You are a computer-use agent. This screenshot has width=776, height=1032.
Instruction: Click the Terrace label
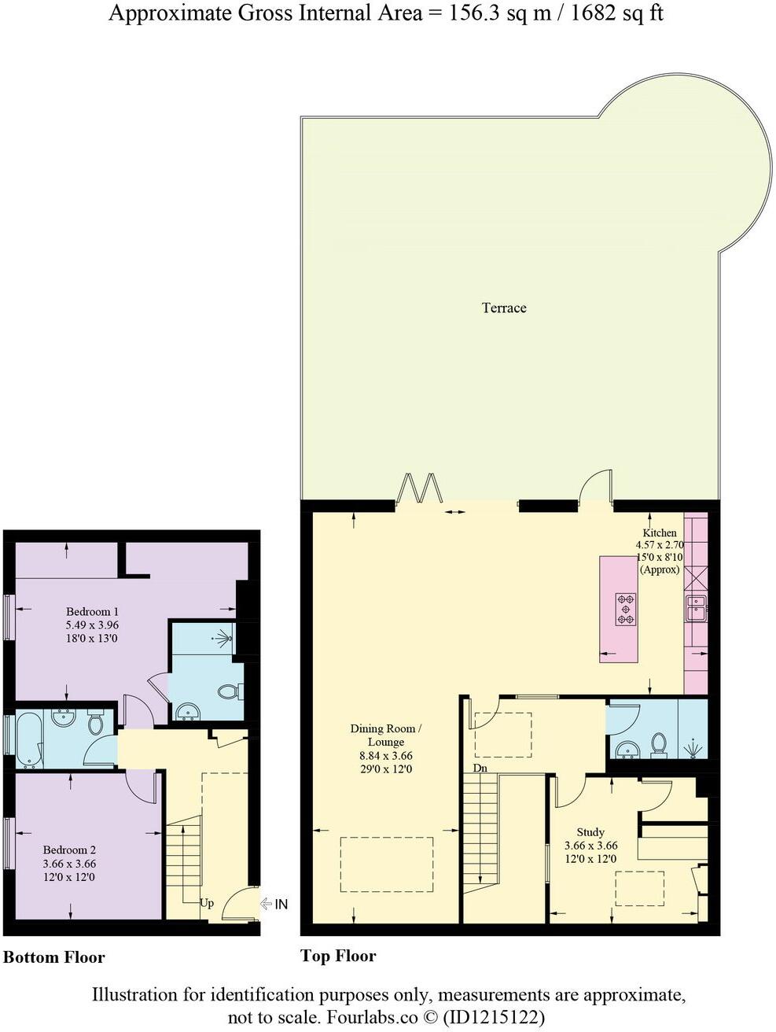(x=504, y=308)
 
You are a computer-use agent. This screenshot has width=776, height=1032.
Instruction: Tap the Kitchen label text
(x=658, y=533)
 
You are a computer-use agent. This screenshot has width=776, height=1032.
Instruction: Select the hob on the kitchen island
(x=626, y=608)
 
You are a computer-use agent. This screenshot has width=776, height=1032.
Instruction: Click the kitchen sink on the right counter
(x=697, y=608)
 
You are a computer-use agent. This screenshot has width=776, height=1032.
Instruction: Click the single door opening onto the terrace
(x=595, y=486)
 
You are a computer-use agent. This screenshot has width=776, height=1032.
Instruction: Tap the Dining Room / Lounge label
(x=385, y=735)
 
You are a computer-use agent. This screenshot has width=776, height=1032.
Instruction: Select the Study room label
(x=590, y=831)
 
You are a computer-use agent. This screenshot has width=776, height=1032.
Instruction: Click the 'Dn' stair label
(x=480, y=768)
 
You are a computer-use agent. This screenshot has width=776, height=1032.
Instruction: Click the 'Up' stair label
(x=206, y=902)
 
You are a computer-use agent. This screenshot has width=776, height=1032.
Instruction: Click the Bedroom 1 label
(x=92, y=611)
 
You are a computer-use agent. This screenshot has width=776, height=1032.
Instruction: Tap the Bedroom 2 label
(x=69, y=850)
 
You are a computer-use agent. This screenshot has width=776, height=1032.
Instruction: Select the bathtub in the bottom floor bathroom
(x=26, y=739)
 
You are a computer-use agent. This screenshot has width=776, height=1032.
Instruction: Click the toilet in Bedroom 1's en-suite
(x=229, y=691)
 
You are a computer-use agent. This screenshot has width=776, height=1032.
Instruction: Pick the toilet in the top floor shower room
(x=659, y=743)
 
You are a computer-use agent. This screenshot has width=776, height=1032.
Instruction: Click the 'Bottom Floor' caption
(x=54, y=957)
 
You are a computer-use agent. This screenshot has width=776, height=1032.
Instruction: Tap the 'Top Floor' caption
(x=338, y=956)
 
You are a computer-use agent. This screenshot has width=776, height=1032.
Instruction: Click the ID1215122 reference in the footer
(x=495, y=1016)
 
